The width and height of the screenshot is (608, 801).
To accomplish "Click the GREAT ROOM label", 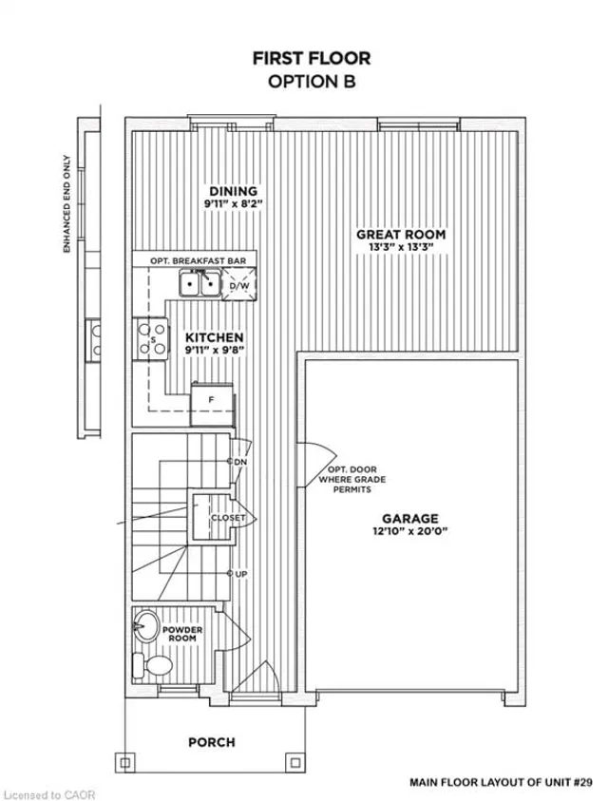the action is coord(401,235).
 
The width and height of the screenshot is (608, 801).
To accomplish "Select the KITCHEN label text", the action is coord(214,337).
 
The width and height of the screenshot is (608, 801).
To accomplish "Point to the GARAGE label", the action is coord(410,519).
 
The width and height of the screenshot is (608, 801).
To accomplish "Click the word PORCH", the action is coord(212,742).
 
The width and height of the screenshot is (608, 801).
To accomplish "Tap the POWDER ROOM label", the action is coord(182,634).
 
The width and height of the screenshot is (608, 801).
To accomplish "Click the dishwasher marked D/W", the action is coord(239,286).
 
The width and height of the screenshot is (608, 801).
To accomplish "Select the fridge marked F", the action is coord(213,405).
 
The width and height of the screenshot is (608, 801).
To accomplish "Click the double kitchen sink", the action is coord(199,283).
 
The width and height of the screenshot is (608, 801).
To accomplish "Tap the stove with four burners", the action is coord(151,338).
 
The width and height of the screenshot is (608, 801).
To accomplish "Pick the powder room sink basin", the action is coord(146,626).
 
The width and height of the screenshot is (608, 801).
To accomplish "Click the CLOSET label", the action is coord(228,518).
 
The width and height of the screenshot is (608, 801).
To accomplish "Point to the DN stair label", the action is coord(240,462).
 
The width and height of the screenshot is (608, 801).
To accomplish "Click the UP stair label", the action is coord(241,574).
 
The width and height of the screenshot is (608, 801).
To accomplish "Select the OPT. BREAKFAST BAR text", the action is coord(199,261).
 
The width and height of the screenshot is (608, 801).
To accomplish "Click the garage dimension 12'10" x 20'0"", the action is coord(410,531).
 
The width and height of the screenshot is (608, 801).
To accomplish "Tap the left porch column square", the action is coord(125,763).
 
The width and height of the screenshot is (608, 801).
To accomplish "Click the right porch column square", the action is coord(294,763).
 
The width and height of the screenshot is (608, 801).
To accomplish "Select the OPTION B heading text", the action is coord(312,82).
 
